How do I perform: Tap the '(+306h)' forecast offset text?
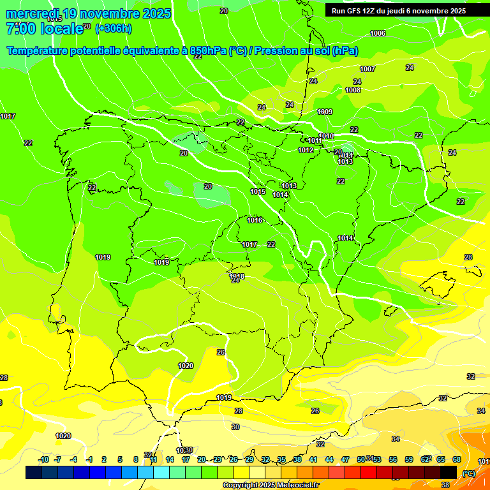click(x=113, y=28)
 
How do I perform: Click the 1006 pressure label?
click(x=378, y=33)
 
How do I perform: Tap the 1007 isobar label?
click(x=367, y=69)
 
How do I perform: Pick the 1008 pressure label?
click(x=353, y=90)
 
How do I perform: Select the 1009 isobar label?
click(x=325, y=112)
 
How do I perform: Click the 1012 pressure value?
click(x=306, y=150)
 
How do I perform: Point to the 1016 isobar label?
click(x=255, y=220)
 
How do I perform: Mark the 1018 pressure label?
click(x=237, y=276)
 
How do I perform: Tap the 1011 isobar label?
click(x=315, y=140)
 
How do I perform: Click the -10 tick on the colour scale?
click(x=43, y=459)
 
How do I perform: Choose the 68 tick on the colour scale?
click(x=457, y=459)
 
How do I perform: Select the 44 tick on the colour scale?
click(x=329, y=459)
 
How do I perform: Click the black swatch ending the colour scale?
click(x=449, y=472)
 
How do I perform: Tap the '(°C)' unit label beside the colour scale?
click(x=468, y=473)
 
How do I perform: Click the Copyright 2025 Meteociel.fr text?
click(x=271, y=485)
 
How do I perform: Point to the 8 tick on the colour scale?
click(x=136, y=459)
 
